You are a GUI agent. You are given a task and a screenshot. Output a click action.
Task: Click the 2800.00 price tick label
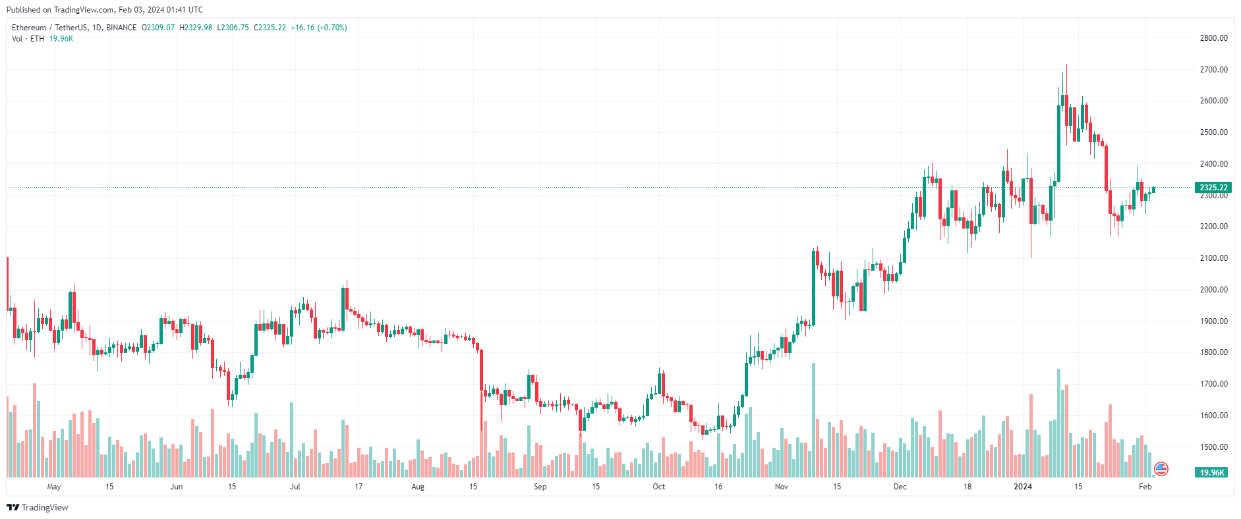coord(1213,38)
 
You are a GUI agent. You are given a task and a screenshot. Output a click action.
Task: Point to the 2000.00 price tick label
coord(1213,290)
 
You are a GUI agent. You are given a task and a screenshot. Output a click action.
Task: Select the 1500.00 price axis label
coord(1213,447)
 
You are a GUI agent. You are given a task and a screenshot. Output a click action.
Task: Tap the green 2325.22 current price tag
coord(1213,188)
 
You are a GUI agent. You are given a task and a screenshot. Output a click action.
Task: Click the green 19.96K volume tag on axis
coord(1211,472)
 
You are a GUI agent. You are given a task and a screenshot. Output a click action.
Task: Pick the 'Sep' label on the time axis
coord(540,487)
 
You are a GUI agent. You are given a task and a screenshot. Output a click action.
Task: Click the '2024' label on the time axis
coord(1022,487)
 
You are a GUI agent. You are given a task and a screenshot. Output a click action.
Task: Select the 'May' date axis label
coord(54,487)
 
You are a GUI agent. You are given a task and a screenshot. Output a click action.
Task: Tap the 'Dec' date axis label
coord(900,487)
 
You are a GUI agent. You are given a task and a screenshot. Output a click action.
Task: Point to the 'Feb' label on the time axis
coord(1145,487)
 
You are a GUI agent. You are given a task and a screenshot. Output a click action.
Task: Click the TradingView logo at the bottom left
coord(38,507)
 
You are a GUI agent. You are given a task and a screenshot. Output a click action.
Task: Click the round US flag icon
coord(1161,469)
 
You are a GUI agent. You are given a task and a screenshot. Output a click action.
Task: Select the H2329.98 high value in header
coord(196,28)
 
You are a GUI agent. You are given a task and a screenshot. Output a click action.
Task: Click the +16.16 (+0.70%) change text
coord(319,28)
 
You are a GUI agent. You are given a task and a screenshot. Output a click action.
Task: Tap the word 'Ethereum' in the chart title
coord(29,28)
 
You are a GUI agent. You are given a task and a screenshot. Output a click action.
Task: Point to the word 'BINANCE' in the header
coord(121,28)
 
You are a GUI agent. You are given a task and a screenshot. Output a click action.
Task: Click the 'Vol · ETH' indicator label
coord(28,39)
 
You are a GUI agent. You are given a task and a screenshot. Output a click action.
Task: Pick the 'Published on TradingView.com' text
coord(60,10)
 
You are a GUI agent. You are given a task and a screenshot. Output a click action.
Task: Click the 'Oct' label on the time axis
coord(658,487)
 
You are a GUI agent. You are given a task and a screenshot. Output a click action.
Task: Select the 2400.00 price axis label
coord(1213,164)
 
